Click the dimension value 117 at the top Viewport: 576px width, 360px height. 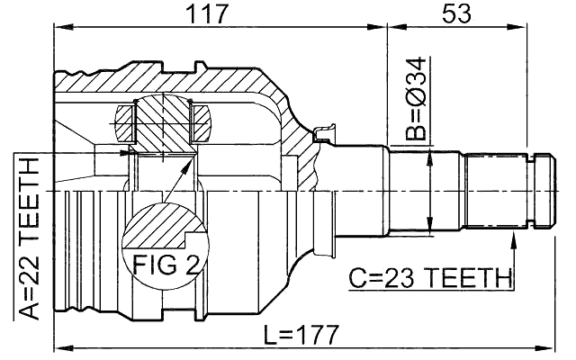pyautogui.click(x=220, y=14)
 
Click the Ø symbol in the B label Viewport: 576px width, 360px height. pyautogui.click(x=414, y=99)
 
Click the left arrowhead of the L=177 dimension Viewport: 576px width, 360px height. pyautogui.click(x=60, y=346)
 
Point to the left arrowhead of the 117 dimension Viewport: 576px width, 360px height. pyautogui.click(x=60, y=28)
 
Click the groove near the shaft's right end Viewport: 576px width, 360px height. pyautogui.click(x=539, y=191)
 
